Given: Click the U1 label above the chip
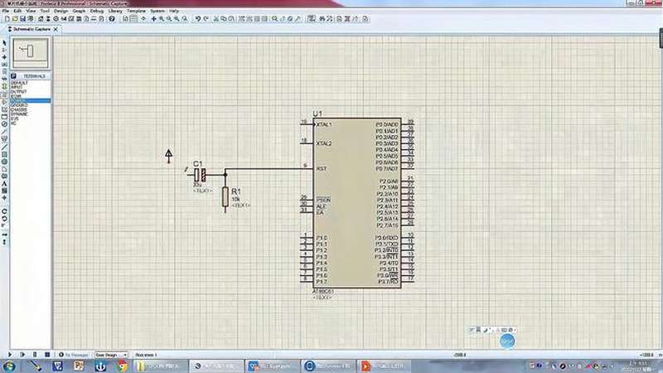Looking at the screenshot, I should pyautogui.click(x=317, y=113).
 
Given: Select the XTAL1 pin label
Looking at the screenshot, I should pyautogui.click(x=324, y=124).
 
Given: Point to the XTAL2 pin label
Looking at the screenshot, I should pyautogui.click(x=324, y=143).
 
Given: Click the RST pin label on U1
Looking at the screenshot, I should pyautogui.click(x=321, y=168).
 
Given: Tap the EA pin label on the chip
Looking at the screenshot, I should pyautogui.click(x=319, y=213).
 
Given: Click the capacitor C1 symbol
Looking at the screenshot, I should pyautogui.click(x=200, y=175).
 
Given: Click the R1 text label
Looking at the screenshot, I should pyautogui.click(x=236, y=191).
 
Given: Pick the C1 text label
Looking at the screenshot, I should pyautogui.click(x=197, y=163).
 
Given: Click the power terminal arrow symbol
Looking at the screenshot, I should pyautogui.click(x=169, y=153).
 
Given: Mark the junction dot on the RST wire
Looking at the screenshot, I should pyautogui.click(x=225, y=175).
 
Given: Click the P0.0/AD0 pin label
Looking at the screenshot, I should pyautogui.click(x=387, y=124).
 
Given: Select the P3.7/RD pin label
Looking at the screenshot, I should pyautogui.click(x=388, y=282).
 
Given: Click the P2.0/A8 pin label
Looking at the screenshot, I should pyautogui.click(x=388, y=182).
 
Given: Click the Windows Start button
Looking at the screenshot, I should pyautogui.click(x=9, y=365).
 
